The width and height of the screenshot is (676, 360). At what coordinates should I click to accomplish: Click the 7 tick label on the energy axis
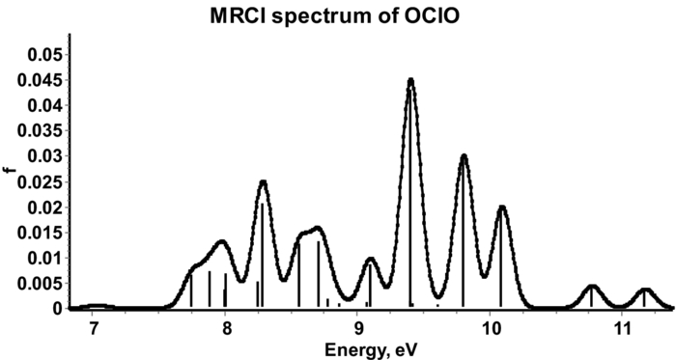[93, 328]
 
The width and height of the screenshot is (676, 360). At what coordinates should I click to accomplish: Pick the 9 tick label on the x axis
[358, 328]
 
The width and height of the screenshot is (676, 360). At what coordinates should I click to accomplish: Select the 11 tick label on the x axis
[623, 328]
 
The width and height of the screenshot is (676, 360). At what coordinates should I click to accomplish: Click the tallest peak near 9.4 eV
[410, 80]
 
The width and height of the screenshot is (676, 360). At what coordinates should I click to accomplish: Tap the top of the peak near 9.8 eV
[464, 155]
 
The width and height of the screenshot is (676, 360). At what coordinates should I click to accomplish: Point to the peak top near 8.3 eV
[263, 181]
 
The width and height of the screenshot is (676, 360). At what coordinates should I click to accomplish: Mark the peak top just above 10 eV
[501, 207]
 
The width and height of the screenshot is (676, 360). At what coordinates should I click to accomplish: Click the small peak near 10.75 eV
[592, 286]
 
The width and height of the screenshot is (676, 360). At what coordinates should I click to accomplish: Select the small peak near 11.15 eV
[645, 289]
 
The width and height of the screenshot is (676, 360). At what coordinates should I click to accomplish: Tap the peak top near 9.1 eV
[371, 259]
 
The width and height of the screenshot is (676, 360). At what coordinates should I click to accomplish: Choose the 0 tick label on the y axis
[59, 309]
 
